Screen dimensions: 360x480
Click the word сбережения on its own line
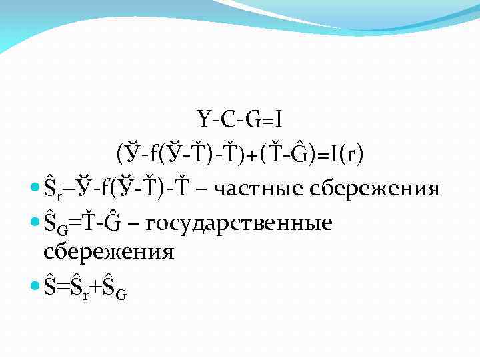pos(108,253)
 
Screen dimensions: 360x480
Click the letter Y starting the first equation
pos(203,120)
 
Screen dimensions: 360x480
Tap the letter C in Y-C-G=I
pos(229,120)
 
